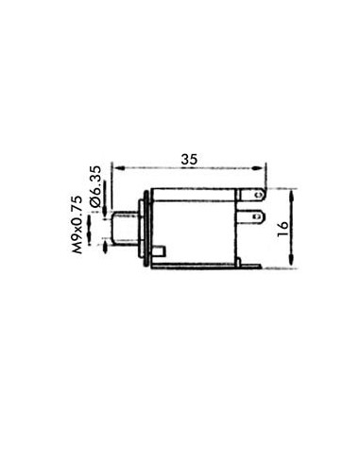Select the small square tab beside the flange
163,250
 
